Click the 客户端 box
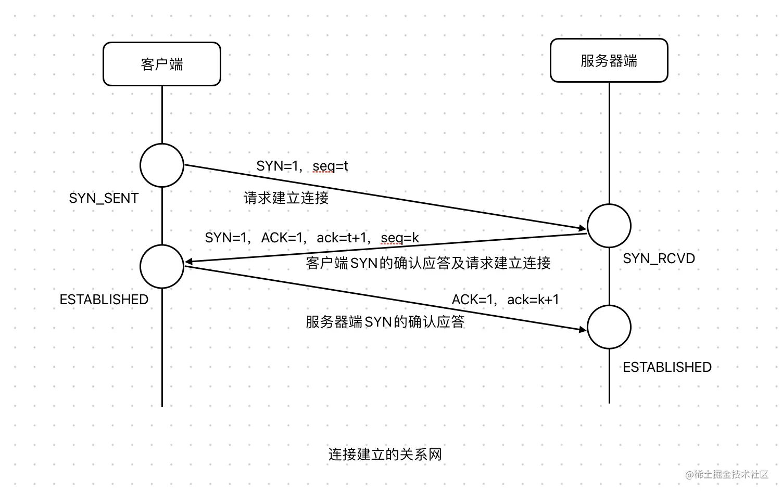click(x=162, y=64)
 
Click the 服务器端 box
click(x=609, y=61)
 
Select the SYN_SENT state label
click(x=104, y=198)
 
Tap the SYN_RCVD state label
click(x=659, y=258)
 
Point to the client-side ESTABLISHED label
click(x=104, y=300)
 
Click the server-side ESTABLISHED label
click(x=667, y=367)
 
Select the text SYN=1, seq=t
click(x=302, y=166)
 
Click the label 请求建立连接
click(x=286, y=198)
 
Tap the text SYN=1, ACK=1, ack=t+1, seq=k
click(x=311, y=238)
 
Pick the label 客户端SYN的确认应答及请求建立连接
click(x=428, y=263)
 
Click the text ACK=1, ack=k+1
click(x=505, y=300)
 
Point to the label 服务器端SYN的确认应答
click(x=385, y=322)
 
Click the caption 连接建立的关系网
click(x=385, y=455)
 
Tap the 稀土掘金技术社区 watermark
click(x=727, y=474)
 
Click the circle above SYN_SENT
click(x=162, y=165)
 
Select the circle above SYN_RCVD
click(x=609, y=226)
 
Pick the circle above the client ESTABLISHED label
click(x=162, y=266)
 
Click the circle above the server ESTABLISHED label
click(x=609, y=327)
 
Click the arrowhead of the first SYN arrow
click(x=583, y=228)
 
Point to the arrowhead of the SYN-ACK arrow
click(x=189, y=262)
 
